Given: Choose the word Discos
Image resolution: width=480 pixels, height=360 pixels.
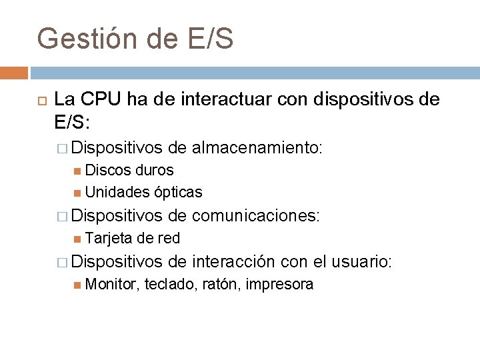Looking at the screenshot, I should pyautogui.click(x=108, y=170).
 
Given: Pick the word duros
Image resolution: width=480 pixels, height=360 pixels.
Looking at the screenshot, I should pyautogui.click(x=153, y=170).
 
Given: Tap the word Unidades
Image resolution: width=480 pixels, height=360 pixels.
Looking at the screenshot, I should pyautogui.click(x=117, y=192).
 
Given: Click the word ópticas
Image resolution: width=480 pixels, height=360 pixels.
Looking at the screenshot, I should pyautogui.click(x=178, y=192).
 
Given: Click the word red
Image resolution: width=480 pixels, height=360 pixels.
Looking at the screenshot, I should pyautogui.click(x=169, y=239).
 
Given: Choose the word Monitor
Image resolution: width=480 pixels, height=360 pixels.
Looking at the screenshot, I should pyautogui.click(x=111, y=285).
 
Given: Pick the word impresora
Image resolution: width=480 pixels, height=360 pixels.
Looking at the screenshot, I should pyautogui.click(x=279, y=285).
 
